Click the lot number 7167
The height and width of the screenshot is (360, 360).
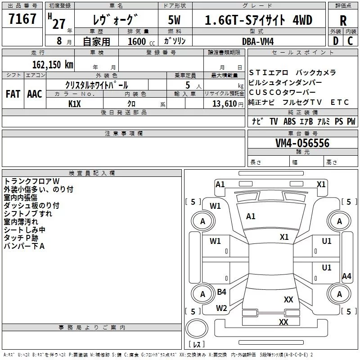point(22,20)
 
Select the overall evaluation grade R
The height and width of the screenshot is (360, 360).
point(342,20)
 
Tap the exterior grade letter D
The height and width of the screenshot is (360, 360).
point(335,41)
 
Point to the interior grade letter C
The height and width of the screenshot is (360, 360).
point(350,41)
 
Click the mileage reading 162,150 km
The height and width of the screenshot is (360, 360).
point(53,64)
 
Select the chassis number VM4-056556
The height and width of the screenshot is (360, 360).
point(302,143)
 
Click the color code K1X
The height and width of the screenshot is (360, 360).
point(75,103)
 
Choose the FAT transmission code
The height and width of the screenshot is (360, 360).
point(13,94)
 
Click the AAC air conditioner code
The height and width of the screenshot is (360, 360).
point(34,94)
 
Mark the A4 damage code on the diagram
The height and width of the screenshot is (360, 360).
point(346,276)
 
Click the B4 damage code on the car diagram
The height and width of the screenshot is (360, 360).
point(221,292)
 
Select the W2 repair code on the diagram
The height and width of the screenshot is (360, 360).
point(221,308)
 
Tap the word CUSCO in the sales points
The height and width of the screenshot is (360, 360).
point(264,92)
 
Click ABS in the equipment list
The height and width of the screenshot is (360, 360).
point(290,121)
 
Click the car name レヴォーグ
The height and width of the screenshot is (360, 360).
point(113,20)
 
